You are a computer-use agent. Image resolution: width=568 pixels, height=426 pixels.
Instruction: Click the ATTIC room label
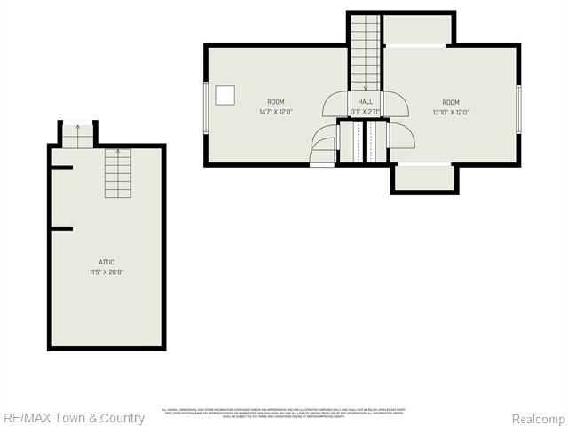tap(106, 262)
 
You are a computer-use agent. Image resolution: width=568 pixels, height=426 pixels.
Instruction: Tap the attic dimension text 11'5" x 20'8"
tap(106, 272)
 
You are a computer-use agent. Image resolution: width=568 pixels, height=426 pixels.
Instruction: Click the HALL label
tap(366, 102)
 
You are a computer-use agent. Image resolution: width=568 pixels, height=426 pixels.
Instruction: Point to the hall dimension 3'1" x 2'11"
tap(366, 112)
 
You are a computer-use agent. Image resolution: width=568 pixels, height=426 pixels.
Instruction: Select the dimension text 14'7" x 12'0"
tap(276, 112)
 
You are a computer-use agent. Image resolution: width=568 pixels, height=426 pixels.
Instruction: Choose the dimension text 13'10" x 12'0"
tap(451, 112)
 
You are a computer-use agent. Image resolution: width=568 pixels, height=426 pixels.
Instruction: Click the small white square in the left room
tap(227, 94)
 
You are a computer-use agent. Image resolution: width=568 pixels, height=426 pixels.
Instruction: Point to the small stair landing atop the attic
tap(77, 135)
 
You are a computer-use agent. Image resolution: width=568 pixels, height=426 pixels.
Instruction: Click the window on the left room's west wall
tap(207, 106)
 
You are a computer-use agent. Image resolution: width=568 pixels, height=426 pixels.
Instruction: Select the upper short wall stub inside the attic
tap(61, 167)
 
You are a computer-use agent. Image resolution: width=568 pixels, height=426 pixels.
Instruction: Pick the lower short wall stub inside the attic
tap(61, 229)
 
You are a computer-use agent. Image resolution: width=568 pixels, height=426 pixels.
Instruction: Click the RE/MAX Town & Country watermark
tap(74, 418)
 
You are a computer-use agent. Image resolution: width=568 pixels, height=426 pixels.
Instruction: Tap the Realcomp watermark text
tap(538, 418)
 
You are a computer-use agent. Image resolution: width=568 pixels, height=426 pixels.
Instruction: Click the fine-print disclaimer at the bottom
tap(282, 413)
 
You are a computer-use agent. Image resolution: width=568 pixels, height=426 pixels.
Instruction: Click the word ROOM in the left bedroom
tap(276, 102)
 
